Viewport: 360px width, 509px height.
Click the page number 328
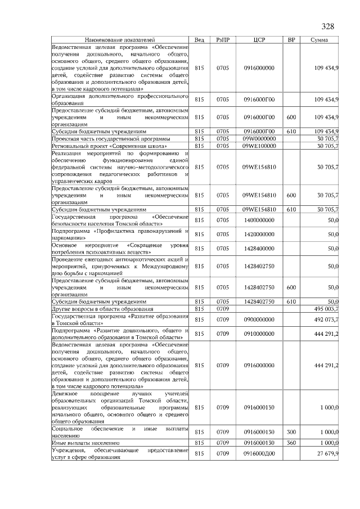click(x=328, y=27)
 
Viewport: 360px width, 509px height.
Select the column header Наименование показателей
click(x=120, y=40)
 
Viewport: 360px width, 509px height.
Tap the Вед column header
click(x=199, y=40)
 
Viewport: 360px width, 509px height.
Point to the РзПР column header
click(x=223, y=40)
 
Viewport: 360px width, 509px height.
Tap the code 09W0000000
click(x=259, y=138)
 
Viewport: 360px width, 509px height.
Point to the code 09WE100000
click(x=259, y=146)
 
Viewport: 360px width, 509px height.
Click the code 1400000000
click(x=259, y=220)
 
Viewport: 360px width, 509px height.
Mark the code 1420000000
click(x=259, y=234)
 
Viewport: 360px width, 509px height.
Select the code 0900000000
click(x=259, y=319)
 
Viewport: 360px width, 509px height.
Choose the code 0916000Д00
click(x=259, y=453)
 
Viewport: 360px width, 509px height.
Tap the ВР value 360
click(x=291, y=443)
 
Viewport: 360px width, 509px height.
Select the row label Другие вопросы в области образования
click(x=102, y=309)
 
